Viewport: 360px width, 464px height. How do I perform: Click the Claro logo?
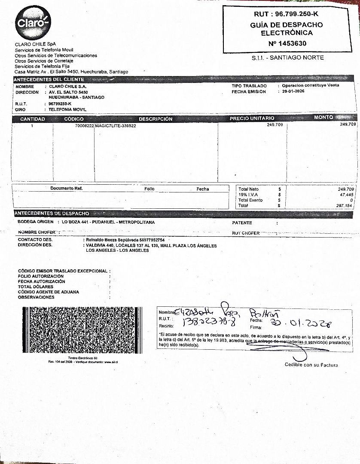(x=33, y=22)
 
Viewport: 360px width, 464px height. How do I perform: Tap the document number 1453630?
(x=287, y=43)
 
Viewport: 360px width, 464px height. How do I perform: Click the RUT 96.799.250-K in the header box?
(x=287, y=15)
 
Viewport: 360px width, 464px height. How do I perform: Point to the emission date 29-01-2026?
(x=293, y=91)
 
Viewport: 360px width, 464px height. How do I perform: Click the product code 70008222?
(x=84, y=125)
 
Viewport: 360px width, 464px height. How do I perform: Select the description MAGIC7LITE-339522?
(x=116, y=125)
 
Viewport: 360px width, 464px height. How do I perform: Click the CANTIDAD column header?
(x=33, y=119)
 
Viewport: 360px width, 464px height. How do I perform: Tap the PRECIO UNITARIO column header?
(x=252, y=118)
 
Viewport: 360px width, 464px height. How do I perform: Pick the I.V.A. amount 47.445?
(x=346, y=195)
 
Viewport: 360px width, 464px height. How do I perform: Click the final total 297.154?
(x=345, y=206)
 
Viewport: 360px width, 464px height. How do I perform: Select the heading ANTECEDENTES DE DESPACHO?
(x=52, y=214)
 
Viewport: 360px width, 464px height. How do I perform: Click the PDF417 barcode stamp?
(x=82, y=330)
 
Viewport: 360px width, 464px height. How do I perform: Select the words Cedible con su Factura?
(x=311, y=365)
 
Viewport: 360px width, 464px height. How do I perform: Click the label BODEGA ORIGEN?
(x=36, y=222)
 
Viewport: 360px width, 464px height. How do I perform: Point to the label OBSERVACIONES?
(x=36, y=297)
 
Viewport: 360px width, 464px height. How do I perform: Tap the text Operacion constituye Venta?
(x=310, y=85)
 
